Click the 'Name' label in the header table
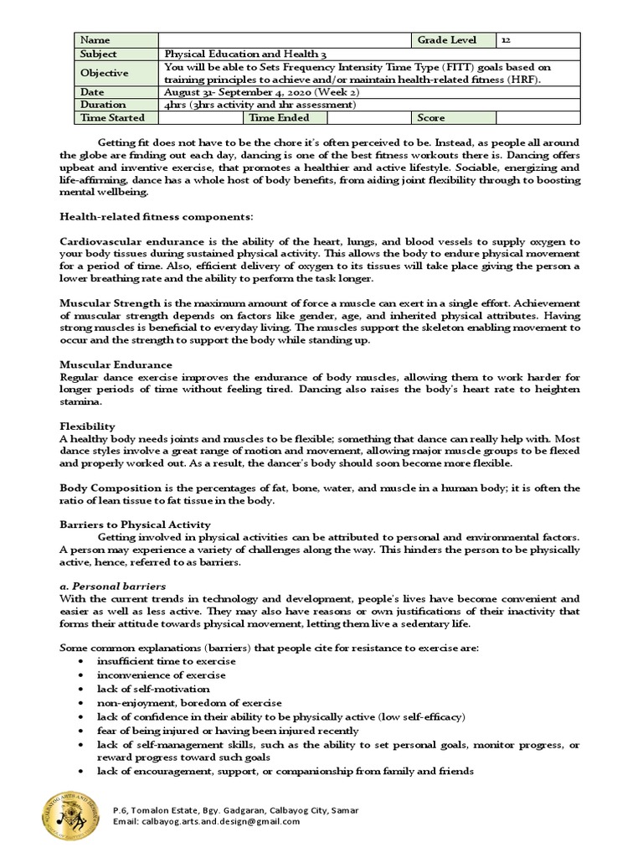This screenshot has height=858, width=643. [x=95, y=40]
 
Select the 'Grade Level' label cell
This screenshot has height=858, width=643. [x=454, y=40]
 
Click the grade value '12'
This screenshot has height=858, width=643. [x=507, y=40]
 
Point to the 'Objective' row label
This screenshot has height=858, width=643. [x=104, y=73]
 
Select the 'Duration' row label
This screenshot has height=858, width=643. [x=103, y=105]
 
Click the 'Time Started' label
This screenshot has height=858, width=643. [x=112, y=118]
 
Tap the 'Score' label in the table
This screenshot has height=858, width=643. [x=431, y=118]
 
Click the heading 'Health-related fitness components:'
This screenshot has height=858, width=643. [x=156, y=217]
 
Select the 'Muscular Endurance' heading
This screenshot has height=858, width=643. [x=116, y=364]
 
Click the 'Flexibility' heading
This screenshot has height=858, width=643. [x=87, y=426]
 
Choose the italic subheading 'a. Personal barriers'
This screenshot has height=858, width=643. [x=112, y=586]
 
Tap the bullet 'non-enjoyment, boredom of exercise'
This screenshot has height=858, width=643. [x=188, y=703]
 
